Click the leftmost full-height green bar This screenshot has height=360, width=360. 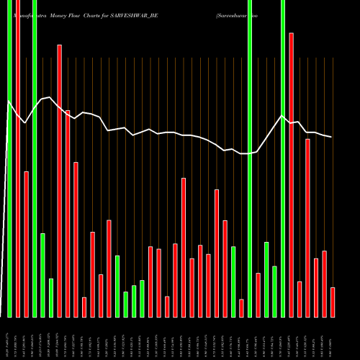point(9,158)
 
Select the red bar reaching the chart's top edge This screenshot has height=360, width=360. point(18,158)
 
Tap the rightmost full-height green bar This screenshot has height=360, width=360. point(283,158)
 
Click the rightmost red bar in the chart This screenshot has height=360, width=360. point(333,302)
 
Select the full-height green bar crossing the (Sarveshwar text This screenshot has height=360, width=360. point(250,158)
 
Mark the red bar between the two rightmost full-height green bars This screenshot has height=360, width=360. point(258,295)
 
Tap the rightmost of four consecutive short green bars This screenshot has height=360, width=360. point(142,299)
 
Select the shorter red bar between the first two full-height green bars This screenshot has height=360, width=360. point(26,244)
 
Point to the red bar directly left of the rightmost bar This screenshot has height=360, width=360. point(324,284)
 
